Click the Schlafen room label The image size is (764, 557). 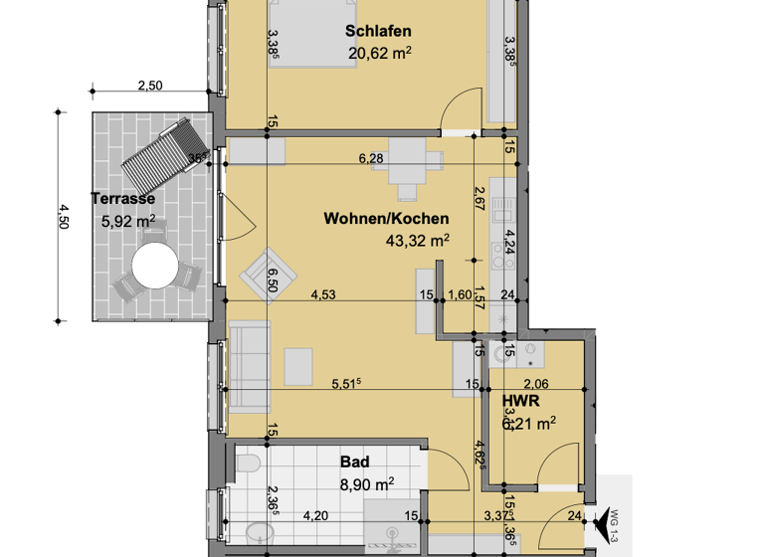[378, 31]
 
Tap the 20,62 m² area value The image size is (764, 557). [380, 53]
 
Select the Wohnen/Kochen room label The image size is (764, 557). [386, 219]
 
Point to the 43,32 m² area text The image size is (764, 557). [417, 240]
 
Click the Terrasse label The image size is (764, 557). [122, 198]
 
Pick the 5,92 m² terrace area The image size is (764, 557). [128, 222]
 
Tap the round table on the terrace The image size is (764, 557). [154, 267]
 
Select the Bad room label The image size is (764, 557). [354, 462]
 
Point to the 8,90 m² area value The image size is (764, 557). [367, 483]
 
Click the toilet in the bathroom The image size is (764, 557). [249, 464]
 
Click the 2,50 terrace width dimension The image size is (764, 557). [149, 86]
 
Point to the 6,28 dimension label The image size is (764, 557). [372, 156]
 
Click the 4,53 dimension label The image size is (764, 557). [323, 294]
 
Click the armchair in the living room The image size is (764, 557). [270, 272]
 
